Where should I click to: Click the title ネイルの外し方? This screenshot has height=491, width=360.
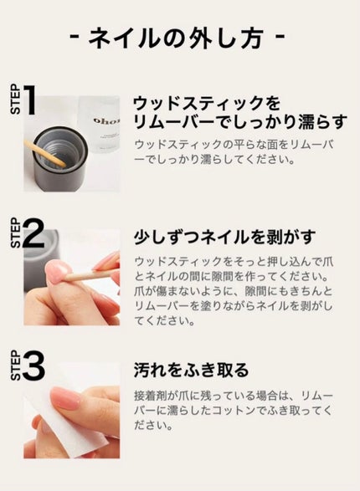pos(177,38)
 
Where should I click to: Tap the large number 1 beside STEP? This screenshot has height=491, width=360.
pos(29,100)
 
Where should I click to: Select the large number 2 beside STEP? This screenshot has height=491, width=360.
pos(33,233)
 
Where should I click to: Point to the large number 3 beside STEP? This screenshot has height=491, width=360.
pos(33,366)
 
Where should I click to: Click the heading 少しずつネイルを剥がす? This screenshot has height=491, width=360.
pos(224,237)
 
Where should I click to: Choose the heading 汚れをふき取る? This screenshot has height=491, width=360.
pos(191,370)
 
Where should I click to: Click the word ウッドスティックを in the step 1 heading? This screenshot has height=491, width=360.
pos(207,104)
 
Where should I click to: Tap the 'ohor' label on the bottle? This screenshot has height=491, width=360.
pos(106,121)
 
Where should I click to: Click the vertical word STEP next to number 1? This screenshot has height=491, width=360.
pos(16,100)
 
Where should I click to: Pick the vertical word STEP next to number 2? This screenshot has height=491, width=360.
pos(16,233)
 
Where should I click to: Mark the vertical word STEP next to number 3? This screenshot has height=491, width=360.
pos(16,366)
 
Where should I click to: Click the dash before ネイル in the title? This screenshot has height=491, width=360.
pos(75,37)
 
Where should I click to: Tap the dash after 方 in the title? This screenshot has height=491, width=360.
pos(280,37)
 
